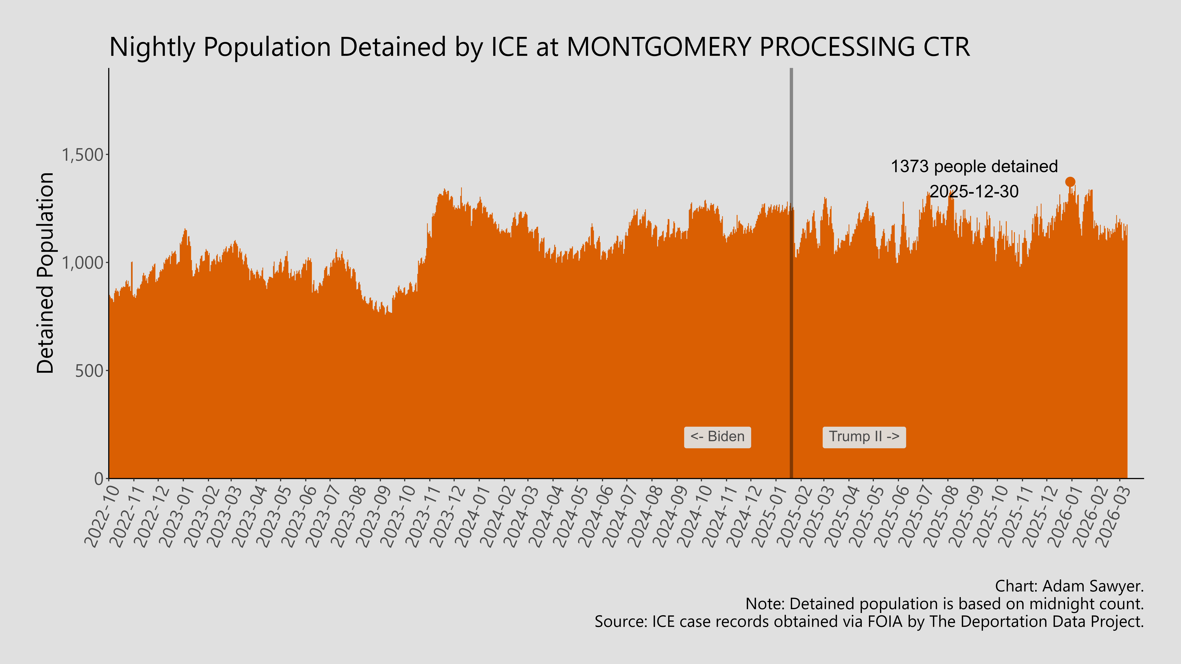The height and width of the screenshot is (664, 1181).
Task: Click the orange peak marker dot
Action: pyautogui.click(x=1070, y=182)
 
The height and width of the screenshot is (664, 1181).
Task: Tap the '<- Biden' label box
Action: pyautogui.click(x=717, y=437)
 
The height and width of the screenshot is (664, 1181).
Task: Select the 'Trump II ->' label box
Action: pyautogui.click(x=864, y=437)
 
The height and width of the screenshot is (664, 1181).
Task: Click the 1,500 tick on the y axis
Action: pyautogui.click(x=83, y=155)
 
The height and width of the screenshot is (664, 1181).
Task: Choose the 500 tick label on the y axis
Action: pyautogui.click(x=89, y=371)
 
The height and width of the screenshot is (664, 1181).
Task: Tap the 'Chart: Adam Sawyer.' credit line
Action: pyautogui.click(x=1069, y=586)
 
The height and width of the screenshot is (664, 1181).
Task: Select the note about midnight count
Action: pyautogui.click(x=944, y=604)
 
